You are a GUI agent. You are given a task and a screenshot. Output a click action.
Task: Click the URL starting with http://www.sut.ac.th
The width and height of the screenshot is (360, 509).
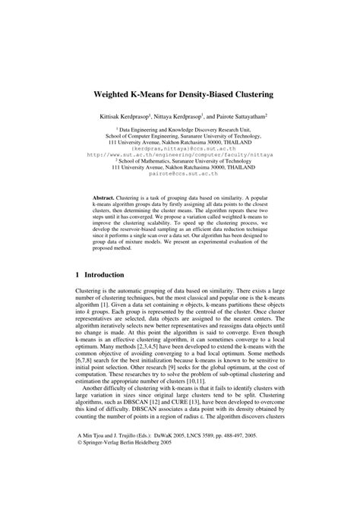(180, 153)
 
